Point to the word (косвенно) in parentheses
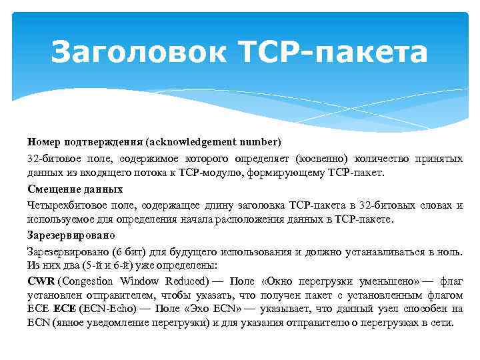(x=323, y=159)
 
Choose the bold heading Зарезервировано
(x=71, y=235)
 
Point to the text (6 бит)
(x=118, y=253)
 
